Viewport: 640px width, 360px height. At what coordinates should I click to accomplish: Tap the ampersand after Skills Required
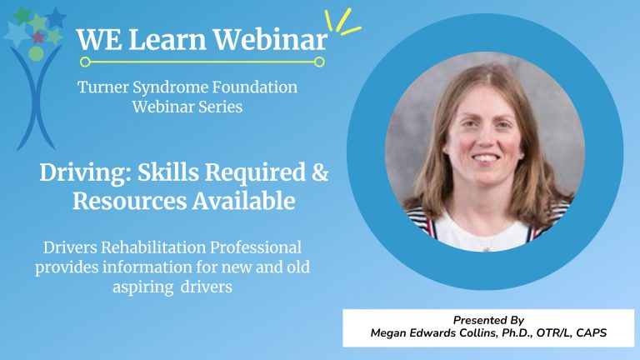pos(319,174)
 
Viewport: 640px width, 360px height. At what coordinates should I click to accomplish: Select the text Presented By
pos(487,320)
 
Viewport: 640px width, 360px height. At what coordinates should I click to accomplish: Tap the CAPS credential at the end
pos(588,333)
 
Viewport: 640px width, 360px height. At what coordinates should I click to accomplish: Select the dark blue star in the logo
pos(56,17)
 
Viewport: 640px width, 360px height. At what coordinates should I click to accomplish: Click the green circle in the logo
pos(36,53)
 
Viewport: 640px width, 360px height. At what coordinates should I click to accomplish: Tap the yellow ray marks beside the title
pos(342,22)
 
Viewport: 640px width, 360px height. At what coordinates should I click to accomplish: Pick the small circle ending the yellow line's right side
pos(320,61)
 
